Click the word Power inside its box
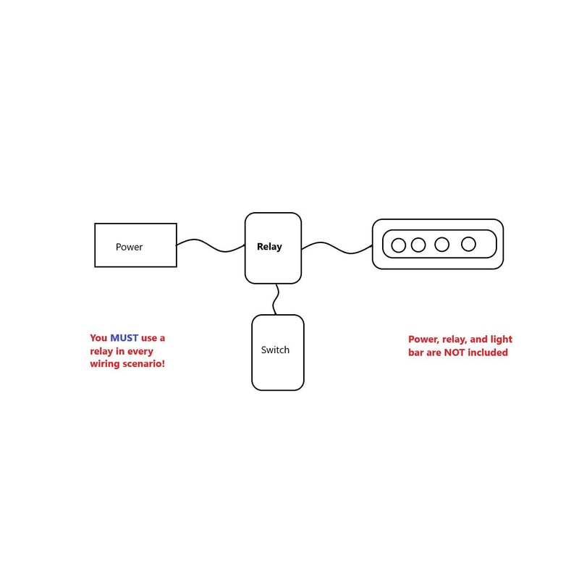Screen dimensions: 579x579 (129, 247)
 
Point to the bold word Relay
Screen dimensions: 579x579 (269, 247)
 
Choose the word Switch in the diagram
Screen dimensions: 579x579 (275, 350)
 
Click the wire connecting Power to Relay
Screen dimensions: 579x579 (210, 245)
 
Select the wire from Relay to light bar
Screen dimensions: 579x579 (337, 247)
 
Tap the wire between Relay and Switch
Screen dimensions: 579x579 (276, 299)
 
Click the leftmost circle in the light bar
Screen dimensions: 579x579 (398, 245)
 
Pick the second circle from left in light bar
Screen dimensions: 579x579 (418, 245)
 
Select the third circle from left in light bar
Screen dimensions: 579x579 (441, 245)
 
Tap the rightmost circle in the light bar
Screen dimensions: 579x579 (469, 244)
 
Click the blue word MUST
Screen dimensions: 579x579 (124, 338)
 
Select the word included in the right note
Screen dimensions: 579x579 (489, 352)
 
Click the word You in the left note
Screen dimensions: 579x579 (98, 338)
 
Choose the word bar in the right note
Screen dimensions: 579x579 (417, 352)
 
